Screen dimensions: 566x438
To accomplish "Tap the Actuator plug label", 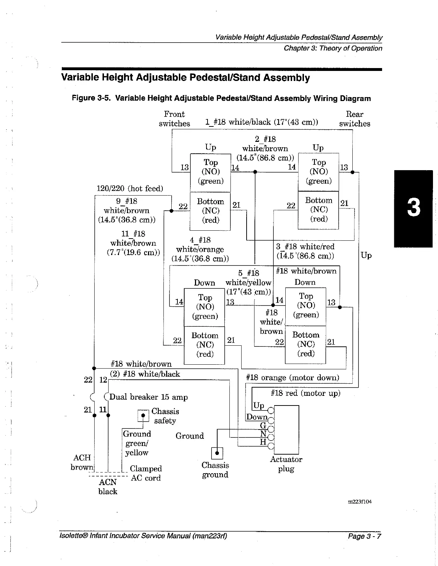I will tap(286, 464).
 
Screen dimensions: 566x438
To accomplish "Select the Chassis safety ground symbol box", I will tap(143, 416).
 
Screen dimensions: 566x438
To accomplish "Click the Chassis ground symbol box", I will tap(217, 453).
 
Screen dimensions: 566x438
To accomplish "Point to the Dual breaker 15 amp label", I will tap(148, 397).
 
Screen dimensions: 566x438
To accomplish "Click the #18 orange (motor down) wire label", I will tap(292, 378).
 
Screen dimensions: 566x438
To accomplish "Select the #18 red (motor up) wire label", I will tap(305, 393).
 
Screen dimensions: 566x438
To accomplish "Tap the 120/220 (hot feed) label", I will tap(130, 188).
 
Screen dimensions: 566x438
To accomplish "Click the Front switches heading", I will tap(174, 119).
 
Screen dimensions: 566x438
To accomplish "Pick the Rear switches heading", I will tap(354, 119).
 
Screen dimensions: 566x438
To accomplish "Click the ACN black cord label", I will tap(108, 486).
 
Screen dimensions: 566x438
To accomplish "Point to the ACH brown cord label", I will tap(82, 462).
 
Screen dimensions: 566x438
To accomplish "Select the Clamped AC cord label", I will tap(146, 473).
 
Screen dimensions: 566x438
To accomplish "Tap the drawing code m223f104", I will tap(360, 502).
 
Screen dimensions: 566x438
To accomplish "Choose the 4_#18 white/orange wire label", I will tap(200, 249).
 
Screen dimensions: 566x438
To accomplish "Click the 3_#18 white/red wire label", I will tap(305, 251).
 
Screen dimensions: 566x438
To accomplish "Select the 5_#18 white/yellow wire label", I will tap(248, 282).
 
